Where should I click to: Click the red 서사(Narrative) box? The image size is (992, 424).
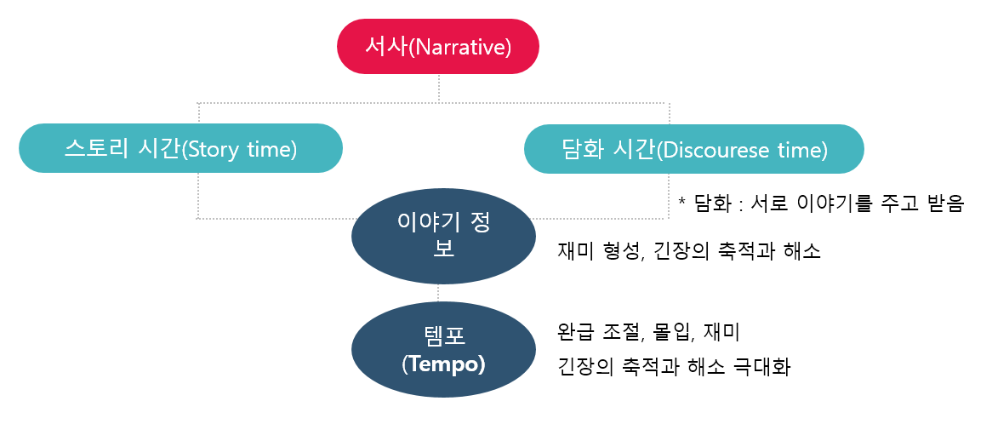(x=438, y=46)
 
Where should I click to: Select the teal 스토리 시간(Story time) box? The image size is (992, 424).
(x=180, y=149)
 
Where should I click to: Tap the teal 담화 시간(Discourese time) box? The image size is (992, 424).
(x=693, y=149)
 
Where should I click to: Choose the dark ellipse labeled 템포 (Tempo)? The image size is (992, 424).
(x=443, y=350)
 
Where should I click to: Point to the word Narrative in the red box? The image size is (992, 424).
(x=460, y=47)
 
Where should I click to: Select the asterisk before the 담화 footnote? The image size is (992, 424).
(x=682, y=202)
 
